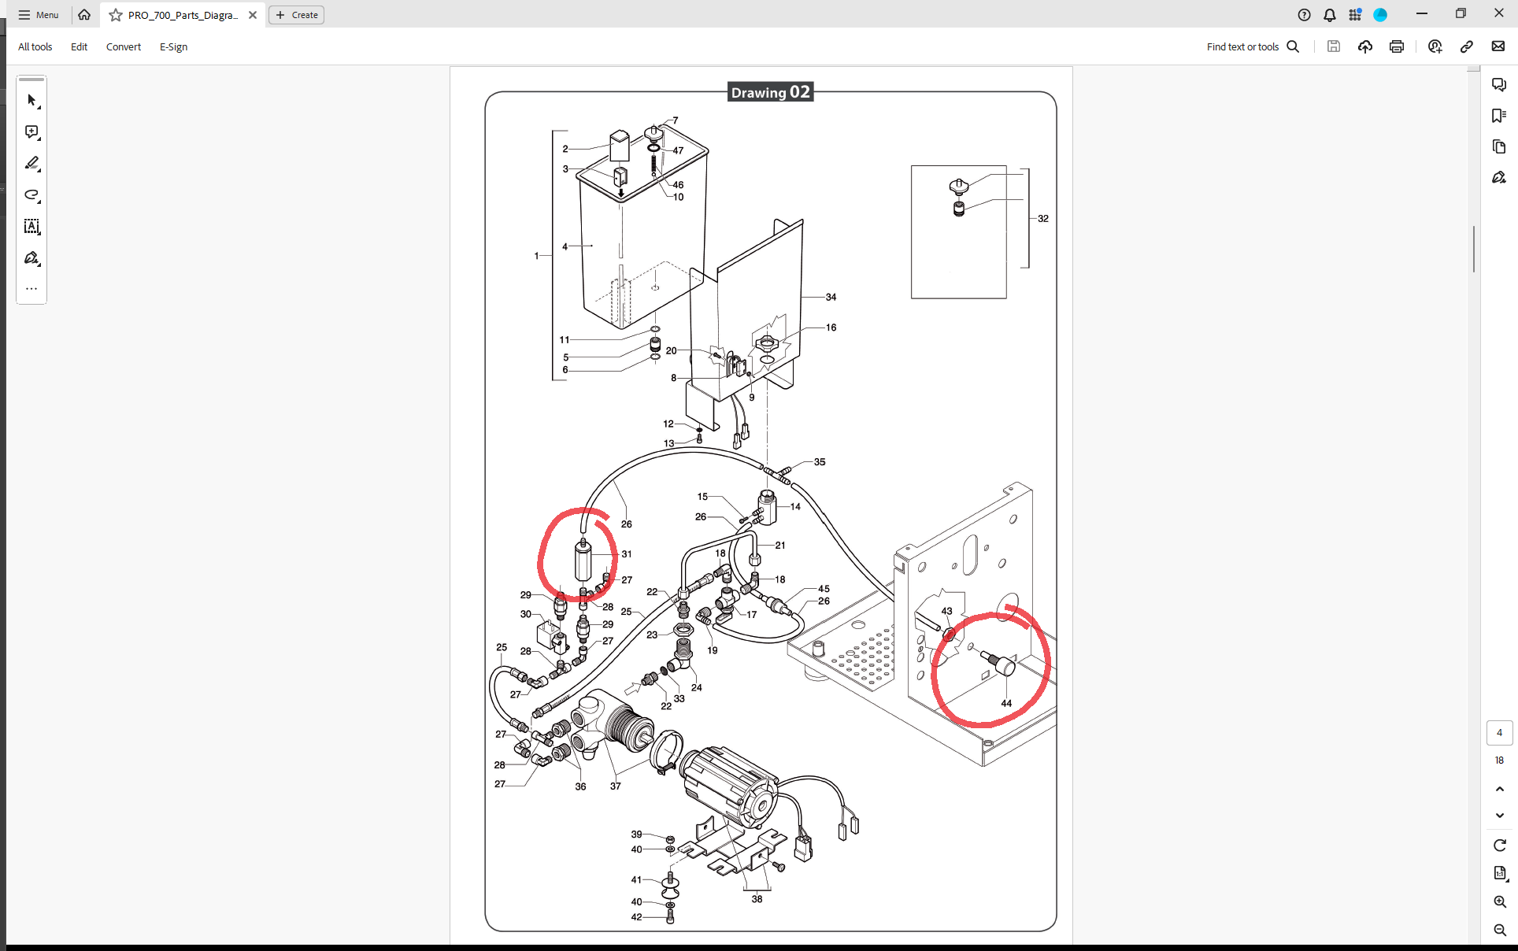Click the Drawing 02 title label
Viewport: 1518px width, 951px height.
pos(770,92)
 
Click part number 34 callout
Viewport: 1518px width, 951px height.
pos(831,297)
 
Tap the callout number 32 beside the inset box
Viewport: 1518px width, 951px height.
pos(1042,218)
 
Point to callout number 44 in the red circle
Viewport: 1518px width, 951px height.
pos(1006,703)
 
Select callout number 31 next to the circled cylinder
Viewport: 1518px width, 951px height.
pos(626,553)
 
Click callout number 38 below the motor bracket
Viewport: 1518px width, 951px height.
pos(757,898)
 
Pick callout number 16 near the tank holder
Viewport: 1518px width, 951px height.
pos(831,327)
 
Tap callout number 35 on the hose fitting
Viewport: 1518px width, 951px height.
pos(820,462)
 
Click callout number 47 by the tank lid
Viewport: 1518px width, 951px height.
pos(678,150)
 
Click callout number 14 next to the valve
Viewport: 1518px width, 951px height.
pos(795,506)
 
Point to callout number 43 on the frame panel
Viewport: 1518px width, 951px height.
pos(946,611)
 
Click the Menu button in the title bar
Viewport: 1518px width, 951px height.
pos(39,15)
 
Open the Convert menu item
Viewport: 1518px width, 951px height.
pos(124,46)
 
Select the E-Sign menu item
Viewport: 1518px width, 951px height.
pos(173,46)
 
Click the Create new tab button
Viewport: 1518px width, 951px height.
pos(296,15)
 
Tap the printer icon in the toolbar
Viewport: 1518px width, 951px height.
pos(1397,46)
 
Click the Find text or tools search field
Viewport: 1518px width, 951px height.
pos(1253,46)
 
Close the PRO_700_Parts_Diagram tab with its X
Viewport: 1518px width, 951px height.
pos(253,15)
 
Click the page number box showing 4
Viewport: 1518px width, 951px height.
pos(1499,732)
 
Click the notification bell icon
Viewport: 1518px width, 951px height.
pos(1330,15)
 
